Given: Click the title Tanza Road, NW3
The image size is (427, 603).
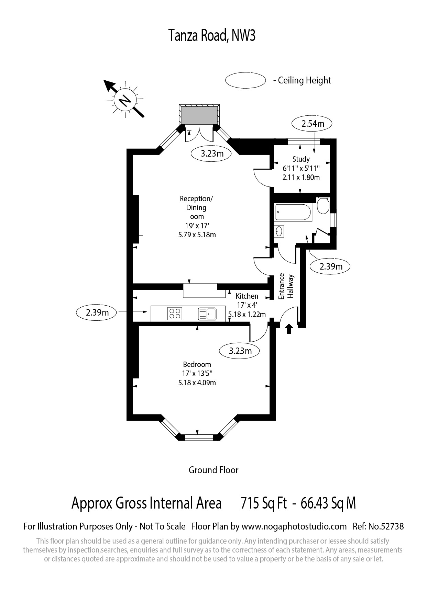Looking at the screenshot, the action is pyautogui.click(x=212, y=36).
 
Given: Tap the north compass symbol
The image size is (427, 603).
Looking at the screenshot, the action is pyautogui.click(x=124, y=100).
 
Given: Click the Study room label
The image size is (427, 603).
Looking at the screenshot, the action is pyautogui.click(x=301, y=159).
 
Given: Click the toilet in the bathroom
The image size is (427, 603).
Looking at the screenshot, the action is pyautogui.click(x=322, y=205).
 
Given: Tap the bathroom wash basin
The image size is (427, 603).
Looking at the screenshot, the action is pyautogui.click(x=279, y=231).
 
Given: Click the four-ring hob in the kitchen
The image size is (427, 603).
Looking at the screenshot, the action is pyautogui.click(x=175, y=314).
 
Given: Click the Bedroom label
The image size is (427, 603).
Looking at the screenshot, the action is pyautogui.click(x=197, y=364).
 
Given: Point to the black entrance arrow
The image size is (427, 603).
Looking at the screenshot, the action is pyautogui.click(x=289, y=329).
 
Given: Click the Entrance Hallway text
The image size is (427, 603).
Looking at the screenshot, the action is pyautogui.click(x=286, y=286).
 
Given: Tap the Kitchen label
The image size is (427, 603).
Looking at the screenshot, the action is pyautogui.click(x=247, y=296).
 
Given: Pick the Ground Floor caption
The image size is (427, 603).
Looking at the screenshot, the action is pyautogui.click(x=213, y=470).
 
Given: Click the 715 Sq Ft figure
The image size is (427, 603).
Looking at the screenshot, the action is pyautogui.click(x=264, y=503).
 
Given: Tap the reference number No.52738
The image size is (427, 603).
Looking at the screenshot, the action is pyautogui.click(x=386, y=526).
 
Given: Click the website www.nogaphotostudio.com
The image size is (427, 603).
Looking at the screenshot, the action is pyautogui.click(x=294, y=526).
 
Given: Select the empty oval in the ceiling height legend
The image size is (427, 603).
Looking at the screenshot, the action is pyautogui.click(x=245, y=80).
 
